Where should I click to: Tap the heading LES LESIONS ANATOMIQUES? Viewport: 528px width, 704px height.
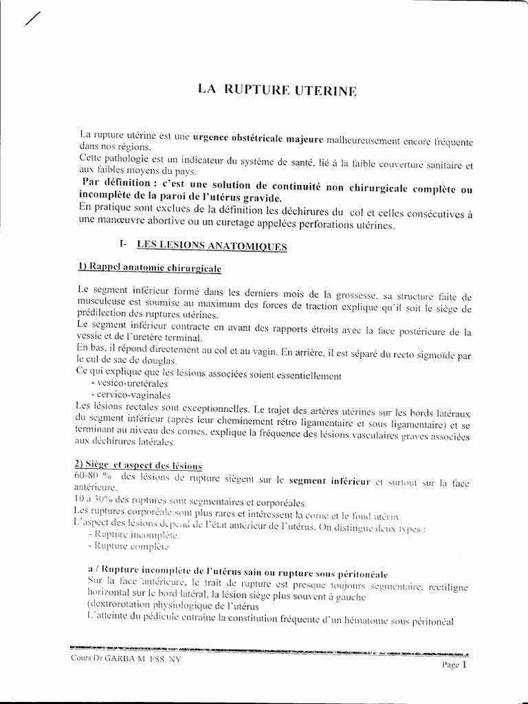pyautogui.click(x=212, y=245)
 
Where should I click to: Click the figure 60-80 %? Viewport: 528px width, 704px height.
pyautogui.click(x=91, y=476)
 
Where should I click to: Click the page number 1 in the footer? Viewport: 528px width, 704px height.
pyautogui.click(x=464, y=664)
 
